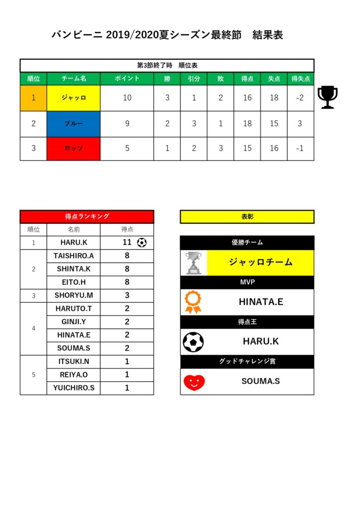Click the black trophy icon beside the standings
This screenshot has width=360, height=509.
[327, 97]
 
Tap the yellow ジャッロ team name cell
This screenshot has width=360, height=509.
[74, 98]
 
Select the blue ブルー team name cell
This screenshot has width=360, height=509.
[74, 123]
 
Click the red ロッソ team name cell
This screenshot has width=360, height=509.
[74, 148]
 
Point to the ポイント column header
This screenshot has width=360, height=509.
[127, 79]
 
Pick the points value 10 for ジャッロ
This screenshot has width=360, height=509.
[127, 98]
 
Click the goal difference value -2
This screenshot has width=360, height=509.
[300, 98]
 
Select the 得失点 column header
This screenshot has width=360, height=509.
[300, 79]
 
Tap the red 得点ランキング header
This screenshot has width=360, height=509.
[87, 216]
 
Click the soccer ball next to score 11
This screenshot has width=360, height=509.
[142, 243]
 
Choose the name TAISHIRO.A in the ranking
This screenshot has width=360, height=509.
[74, 256]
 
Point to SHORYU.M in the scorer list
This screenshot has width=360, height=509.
[74, 295]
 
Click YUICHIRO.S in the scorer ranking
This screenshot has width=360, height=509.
[74, 388]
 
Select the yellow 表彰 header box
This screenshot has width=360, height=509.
[247, 217]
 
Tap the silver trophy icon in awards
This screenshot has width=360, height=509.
[193, 262]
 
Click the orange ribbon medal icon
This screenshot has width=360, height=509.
[193, 302]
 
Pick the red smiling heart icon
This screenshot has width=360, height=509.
[194, 382]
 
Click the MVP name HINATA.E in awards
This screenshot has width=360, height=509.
[261, 302]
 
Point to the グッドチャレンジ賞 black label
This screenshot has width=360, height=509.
[247, 361]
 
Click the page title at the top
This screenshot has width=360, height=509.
[168, 35]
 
